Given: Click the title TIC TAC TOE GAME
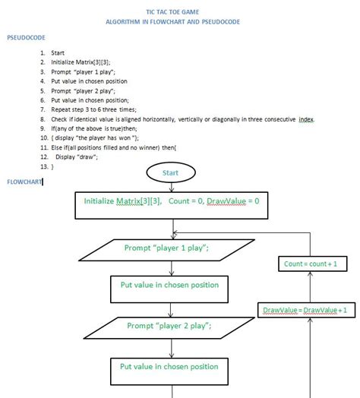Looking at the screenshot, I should click(173, 13).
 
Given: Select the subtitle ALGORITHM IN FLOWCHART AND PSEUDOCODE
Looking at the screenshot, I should click(173, 23).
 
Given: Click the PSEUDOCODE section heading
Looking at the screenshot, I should click(26, 37).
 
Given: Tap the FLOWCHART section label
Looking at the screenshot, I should click(24, 182).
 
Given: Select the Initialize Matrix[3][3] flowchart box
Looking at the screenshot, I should click(172, 202).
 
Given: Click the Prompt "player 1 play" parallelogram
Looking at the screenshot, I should click(166, 248).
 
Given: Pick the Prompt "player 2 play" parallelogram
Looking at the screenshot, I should click(169, 326).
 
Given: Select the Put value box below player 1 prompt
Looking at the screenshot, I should click(169, 286).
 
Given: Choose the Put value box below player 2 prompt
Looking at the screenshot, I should click(169, 367).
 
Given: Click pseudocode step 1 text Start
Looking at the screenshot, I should click(58, 53).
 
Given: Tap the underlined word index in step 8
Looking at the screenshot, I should click(305, 119).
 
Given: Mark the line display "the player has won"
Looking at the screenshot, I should click(95, 138).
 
